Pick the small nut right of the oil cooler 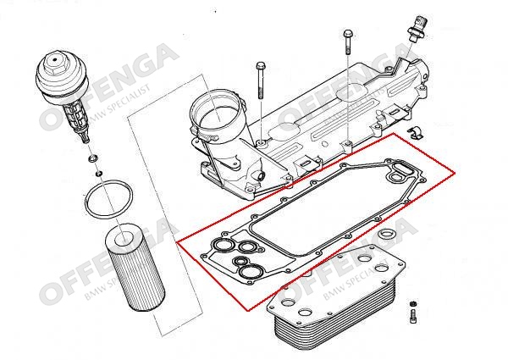coord(413,302)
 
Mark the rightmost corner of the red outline coord(456,174)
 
